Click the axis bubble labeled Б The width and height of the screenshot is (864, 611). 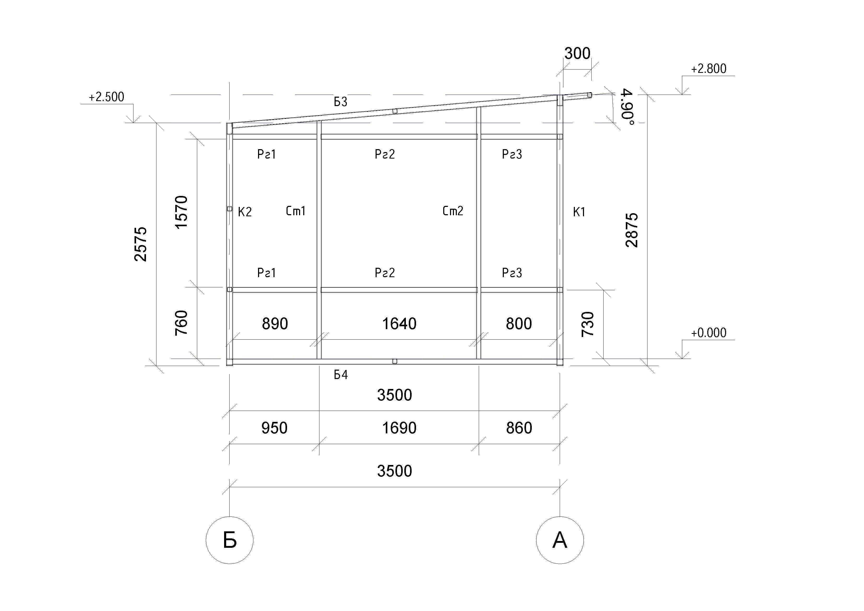(x=230, y=540)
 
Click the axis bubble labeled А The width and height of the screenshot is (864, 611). (x=560, y=540)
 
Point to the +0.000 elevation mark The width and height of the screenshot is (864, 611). (x=709, y=333)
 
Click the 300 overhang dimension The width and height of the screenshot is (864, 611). (x=577, y=54)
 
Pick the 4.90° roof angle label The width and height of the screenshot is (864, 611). (x=627, y=107)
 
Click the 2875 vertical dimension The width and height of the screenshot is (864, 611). (x=632, y=230)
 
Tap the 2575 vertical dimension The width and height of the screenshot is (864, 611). (x=141, y=244)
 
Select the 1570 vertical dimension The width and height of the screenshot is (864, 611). (x=181, y=212)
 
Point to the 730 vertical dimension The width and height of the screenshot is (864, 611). (x=588, y=324)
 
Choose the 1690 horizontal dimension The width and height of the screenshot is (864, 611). (x=399, y=428)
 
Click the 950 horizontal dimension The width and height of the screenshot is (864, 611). (x=274, y=428)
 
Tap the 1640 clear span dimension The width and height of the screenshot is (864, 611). (x=399, y=324)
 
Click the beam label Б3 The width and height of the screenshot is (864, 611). (x=341, y=102)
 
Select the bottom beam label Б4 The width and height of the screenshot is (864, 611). (x=341, y=375)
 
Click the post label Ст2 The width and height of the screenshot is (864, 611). (x=453, y=211)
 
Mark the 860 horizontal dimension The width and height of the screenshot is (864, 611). (x=519, y=428)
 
